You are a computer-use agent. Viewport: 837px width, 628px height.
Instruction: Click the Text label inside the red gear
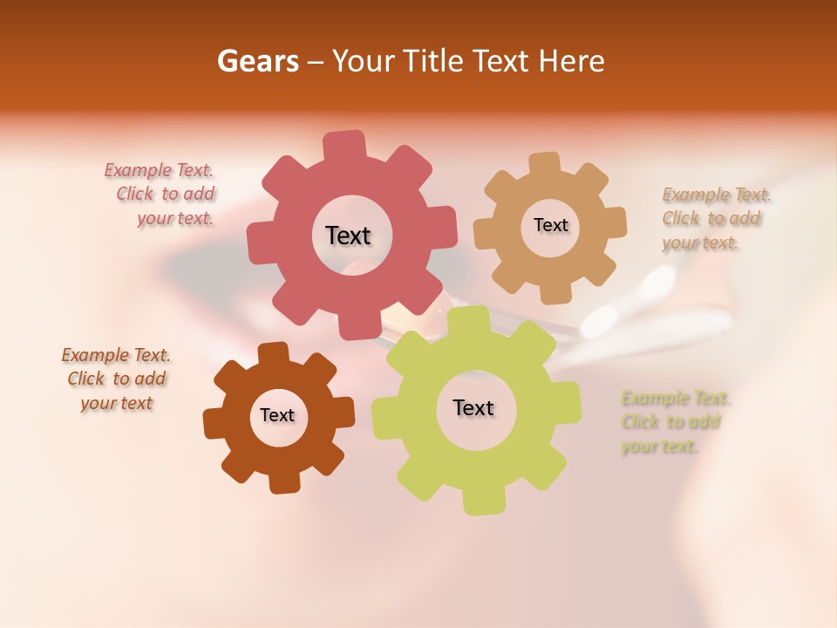point(348,235)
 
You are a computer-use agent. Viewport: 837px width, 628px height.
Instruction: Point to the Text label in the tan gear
point(550,225)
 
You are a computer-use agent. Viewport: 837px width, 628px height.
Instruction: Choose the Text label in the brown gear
point(277,415)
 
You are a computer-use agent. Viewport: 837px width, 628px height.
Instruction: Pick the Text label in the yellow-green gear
point(473,408)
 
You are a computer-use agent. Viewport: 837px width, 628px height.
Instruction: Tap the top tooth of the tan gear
point(545,163)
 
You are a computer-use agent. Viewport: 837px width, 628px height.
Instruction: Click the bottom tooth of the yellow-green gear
point(481,502)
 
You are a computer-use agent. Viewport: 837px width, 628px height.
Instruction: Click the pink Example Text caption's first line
point(159,171)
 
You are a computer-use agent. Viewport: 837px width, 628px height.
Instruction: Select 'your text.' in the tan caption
point(700,243)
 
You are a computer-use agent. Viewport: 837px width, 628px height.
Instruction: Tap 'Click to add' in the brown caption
point(117,379)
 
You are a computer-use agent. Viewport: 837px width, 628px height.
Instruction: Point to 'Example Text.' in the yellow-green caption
point(676,399)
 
